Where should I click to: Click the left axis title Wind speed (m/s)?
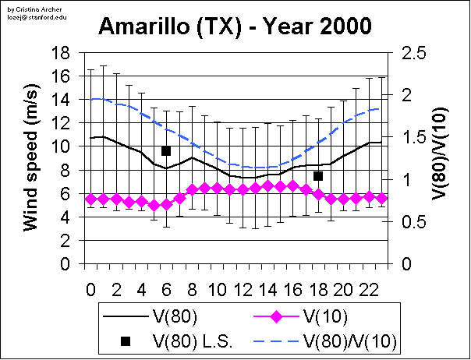tap(31, 158)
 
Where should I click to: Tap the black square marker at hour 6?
tap(166, 150)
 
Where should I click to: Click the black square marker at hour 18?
tap(318, 176)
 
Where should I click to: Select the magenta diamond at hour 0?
tap(90, 199)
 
